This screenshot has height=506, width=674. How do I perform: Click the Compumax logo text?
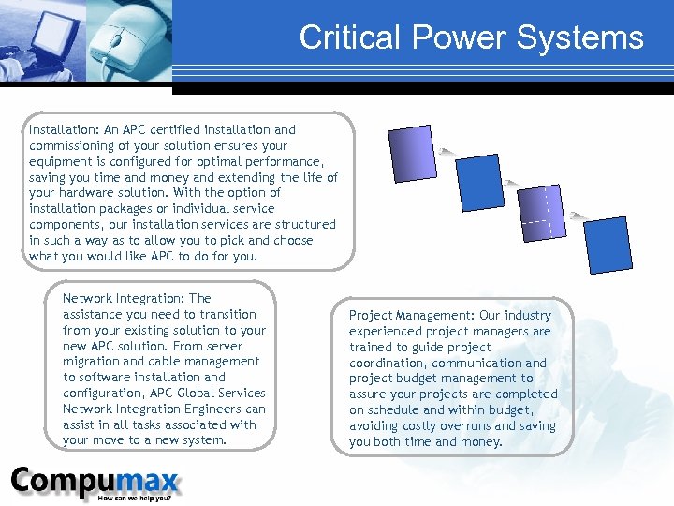click(94, 481)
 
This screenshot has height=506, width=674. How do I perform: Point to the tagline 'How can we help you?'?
click(140, 499)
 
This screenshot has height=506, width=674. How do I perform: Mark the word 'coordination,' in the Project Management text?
click(389, 364)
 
